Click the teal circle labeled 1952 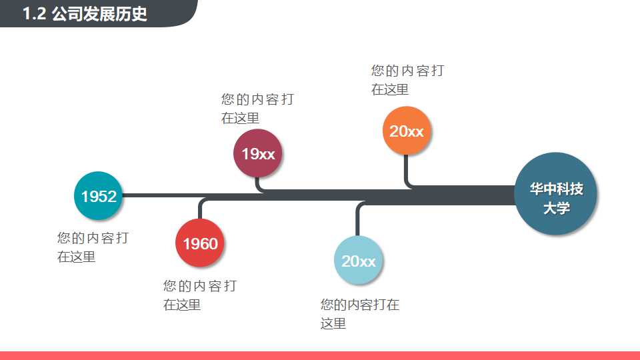[99, 196]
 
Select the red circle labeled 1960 [200, 243]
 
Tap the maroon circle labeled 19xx [258, 154]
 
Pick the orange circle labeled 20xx [407, 131]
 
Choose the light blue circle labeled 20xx [359, 261]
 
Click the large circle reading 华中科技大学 [556, 194]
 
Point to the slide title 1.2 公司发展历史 [85, 14]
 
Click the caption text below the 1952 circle [93, 247]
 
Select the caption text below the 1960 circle [199, 295]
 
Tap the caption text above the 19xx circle [257, 109]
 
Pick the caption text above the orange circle [407, 80]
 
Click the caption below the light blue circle [359, 314]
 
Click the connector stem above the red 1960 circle [200, 209]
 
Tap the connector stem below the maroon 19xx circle [259, 183]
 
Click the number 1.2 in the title [34, 14]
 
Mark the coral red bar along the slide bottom [320, 355]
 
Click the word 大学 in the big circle [556, 208]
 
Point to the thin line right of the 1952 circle [160, 195]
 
